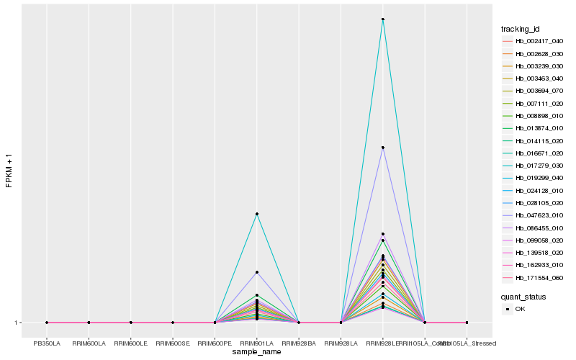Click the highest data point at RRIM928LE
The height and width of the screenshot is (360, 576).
[x=383, y=19]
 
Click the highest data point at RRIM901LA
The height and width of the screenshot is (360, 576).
[x=257, y=214]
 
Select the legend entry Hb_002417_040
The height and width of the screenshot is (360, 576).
[x=534, y=41]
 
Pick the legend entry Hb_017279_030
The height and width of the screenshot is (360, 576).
[x=534, y=165]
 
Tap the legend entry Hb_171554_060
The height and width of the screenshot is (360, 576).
[x=534, y=277]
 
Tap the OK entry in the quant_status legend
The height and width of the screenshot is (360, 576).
[x=520, y=309]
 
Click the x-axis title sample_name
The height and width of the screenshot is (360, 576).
[x=257, y=351]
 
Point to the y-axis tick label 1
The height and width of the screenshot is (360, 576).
[x=17, y=323]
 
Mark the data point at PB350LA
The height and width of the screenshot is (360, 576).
[x=47, y=323]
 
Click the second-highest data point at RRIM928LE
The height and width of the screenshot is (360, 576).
[x=383, y=148]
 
